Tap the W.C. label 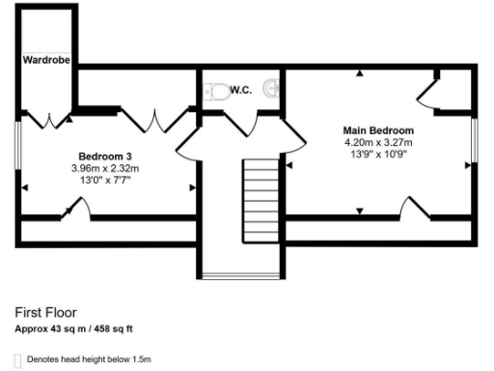241,90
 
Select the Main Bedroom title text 379,130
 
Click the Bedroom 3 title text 106,156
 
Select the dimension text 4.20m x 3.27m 379,142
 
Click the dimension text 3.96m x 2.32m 105,168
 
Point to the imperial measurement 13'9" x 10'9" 379,155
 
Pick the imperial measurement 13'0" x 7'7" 105,180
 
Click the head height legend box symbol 19,359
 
